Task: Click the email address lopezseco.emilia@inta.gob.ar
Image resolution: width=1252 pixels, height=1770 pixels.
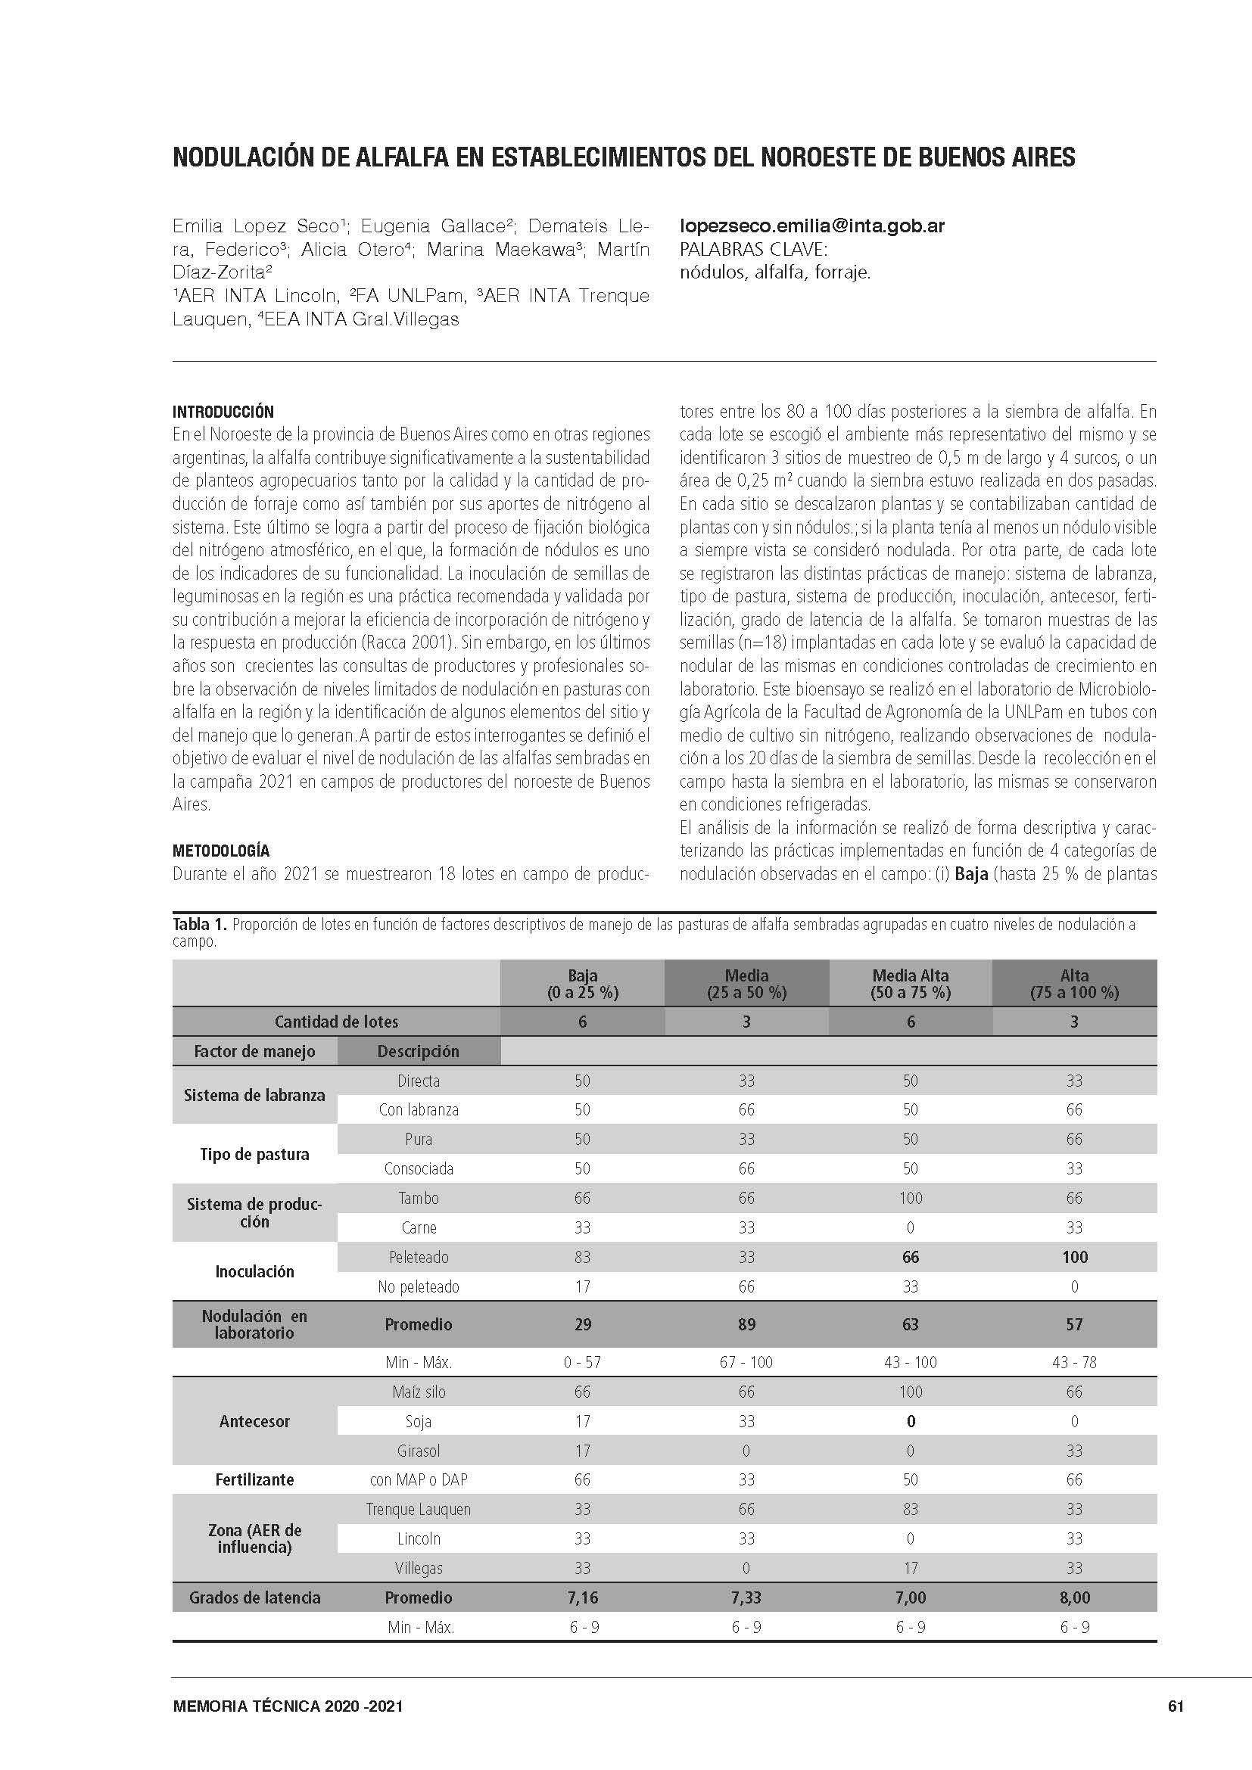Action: (811, 226)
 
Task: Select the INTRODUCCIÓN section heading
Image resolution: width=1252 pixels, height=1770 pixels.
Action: (223, 412)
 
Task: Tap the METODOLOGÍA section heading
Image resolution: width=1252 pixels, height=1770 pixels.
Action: (221, 851)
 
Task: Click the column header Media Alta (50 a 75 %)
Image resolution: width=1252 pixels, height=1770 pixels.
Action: (911, 984)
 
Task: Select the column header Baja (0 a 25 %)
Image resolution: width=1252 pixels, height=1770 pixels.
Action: (582, 984)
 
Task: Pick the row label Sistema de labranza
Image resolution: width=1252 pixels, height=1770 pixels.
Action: (254, 1096)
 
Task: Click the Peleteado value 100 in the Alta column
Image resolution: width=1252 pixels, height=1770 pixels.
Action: (1075, 1258)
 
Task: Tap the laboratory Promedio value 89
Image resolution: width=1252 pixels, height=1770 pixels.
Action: (746, 1324)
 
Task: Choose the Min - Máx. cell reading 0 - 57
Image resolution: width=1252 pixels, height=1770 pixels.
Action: (582, 1362)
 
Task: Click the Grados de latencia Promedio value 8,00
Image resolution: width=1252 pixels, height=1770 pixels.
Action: (1075, 1597)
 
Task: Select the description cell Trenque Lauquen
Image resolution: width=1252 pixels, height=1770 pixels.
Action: (419, 1510)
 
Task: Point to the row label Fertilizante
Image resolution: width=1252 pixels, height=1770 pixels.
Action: (254, 1479)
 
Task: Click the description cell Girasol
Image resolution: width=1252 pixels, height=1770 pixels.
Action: (419, 1451)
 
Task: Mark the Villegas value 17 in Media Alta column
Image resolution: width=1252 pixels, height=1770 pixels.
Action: (911, 1568)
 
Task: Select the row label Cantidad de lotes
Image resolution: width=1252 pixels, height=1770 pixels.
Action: (336, 1022)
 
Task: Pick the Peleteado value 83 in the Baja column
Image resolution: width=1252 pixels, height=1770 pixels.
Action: (582, 1258)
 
